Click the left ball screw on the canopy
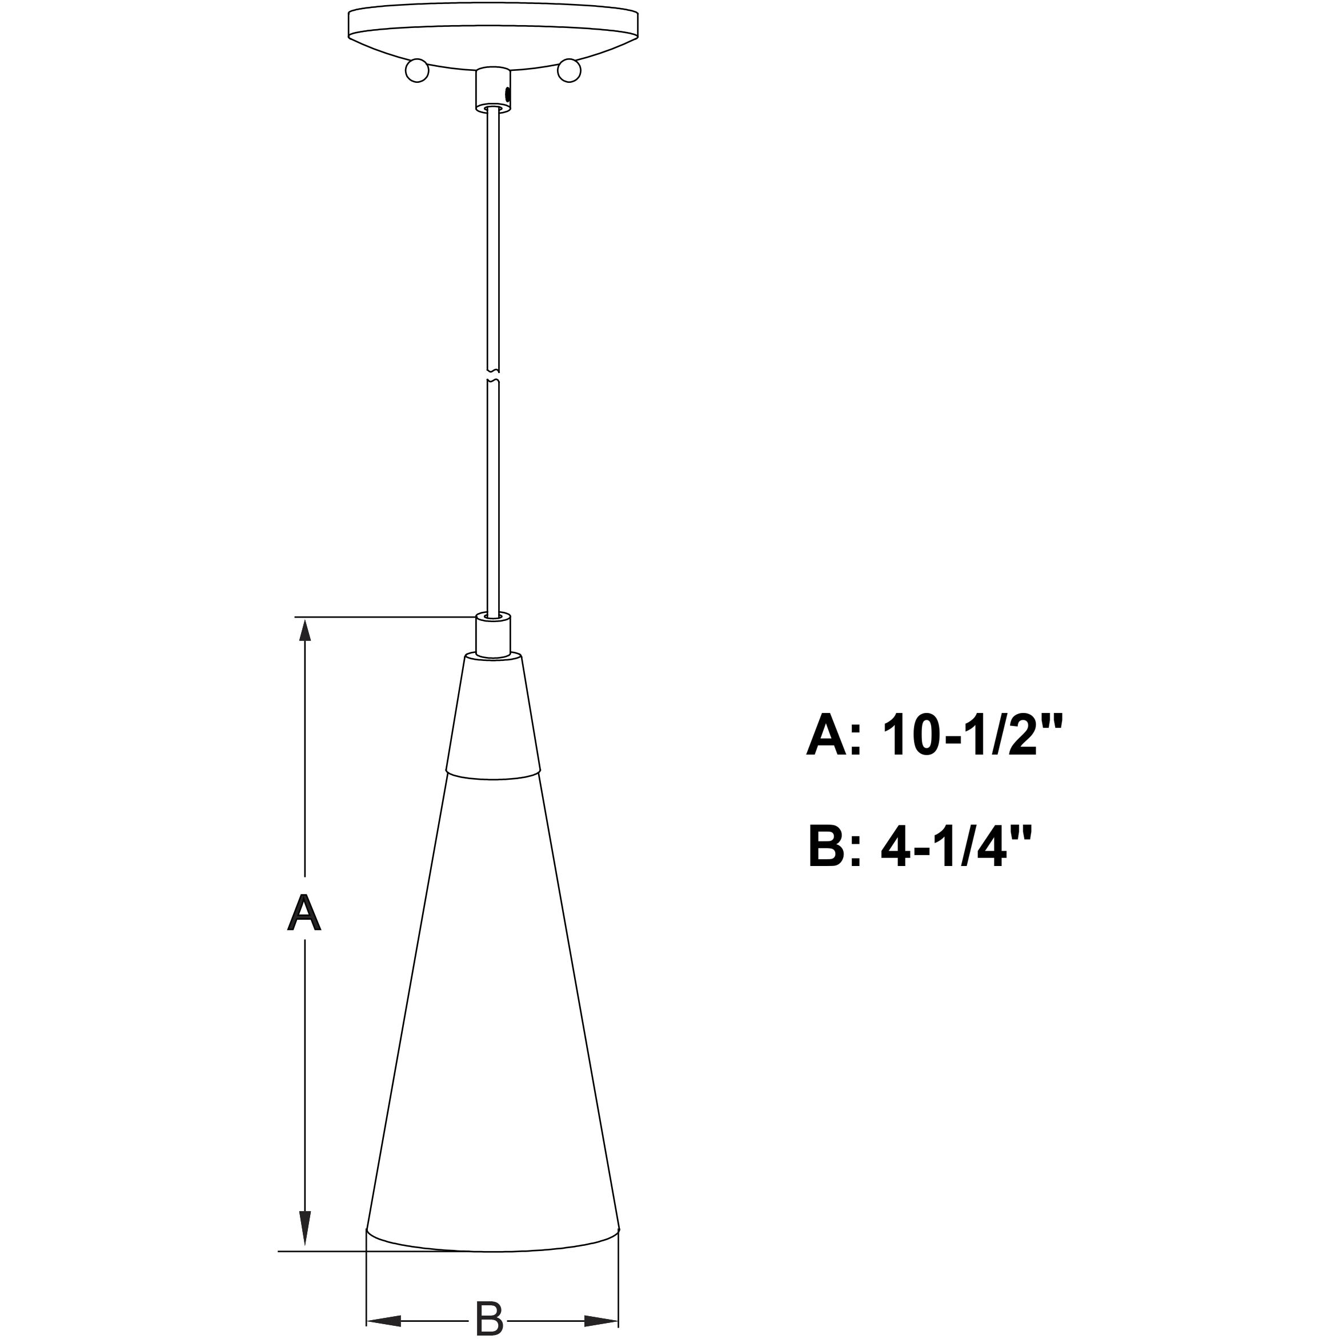coord(417,71)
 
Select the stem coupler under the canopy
coord(493,89)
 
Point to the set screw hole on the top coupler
coord(509,94)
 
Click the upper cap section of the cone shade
coord(493,714)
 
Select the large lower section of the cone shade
coord(493,1005)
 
